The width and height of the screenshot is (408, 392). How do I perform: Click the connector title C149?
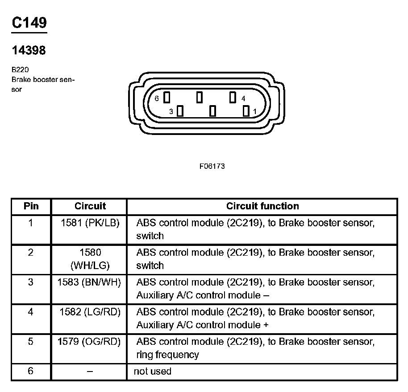coord(29,23)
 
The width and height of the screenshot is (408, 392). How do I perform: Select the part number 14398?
coord(29,51)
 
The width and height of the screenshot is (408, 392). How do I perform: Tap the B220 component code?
coord(21,70)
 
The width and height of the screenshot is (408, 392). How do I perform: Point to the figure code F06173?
coord(212,166)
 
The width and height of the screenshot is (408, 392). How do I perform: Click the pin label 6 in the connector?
coord(157,98)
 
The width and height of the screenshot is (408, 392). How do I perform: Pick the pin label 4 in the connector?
coord(243,98)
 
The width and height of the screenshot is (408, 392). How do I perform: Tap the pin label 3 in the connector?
coord(171,112)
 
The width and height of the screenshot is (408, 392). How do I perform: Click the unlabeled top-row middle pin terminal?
coord(200,97)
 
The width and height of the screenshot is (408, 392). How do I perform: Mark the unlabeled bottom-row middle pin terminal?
coord(213,110)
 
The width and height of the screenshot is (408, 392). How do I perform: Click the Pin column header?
coord(31,206)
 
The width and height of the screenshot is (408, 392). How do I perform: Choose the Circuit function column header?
coord(262,206)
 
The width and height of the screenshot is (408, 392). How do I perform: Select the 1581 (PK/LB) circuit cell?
coord(90,223)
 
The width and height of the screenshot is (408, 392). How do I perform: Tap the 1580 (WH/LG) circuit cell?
coord(90,259)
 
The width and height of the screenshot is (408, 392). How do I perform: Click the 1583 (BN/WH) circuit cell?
coord(89,282)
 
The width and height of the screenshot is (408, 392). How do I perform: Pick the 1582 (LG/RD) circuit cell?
coord(90,312)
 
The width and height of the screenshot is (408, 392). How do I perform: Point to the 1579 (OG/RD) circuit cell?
coord(89,342)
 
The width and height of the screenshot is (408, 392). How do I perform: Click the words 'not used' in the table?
coord(152,372)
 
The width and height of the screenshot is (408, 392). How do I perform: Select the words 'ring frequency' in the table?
coord(167,355)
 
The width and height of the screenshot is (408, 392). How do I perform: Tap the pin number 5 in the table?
coord(30,342)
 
